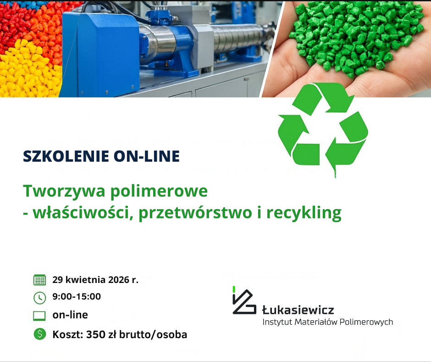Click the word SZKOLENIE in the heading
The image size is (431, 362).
point(66,156)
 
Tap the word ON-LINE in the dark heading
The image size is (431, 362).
point(147,156)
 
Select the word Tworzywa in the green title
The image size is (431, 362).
point(64,192)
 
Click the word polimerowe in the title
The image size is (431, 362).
point(159,192)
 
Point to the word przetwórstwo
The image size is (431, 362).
point(195,213)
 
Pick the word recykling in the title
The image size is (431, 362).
point(304,213)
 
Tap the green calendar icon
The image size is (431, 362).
point(39,280)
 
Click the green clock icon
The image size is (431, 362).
point(39,298)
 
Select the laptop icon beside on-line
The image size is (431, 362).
point(39,316)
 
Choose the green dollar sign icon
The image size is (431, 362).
point(40,334)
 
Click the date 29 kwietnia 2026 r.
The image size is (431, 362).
point(95,280)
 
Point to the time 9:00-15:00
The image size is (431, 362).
point(77,296)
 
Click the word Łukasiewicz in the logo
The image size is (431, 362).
point(298,310)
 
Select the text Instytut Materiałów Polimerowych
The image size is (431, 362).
point(328,322)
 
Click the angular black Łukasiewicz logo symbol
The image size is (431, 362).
point(244,301)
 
